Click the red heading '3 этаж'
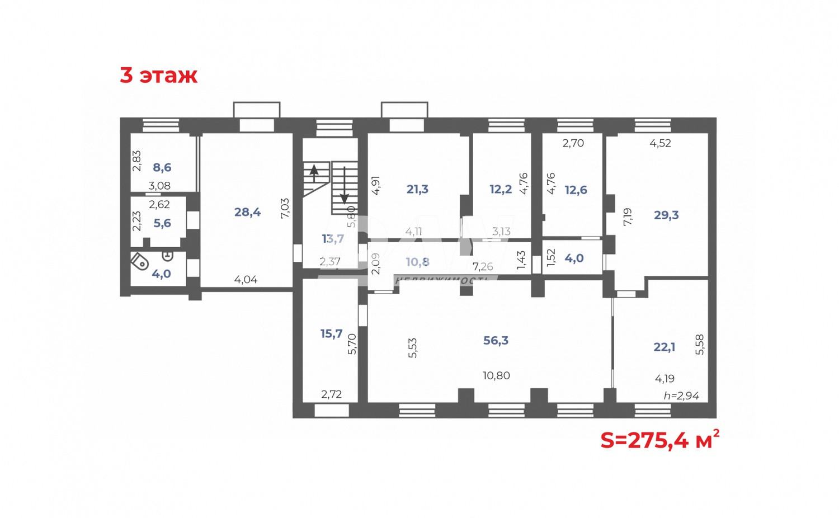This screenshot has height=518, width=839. [158, 75]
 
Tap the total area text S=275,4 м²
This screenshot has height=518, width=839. [659, 440]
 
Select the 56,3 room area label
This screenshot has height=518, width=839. [496, 341]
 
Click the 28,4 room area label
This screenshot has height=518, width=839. [247, 212]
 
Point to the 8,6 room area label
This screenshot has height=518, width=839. [162, 167]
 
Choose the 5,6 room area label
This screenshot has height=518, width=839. [162, 223]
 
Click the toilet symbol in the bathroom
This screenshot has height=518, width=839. [139, 261]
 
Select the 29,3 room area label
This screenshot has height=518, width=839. [666, 215]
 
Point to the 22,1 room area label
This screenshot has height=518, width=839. [664, 347]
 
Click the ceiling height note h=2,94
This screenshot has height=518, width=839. [681, 396]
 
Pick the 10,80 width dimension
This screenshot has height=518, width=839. [496, 376]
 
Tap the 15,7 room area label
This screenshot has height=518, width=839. [331, 334]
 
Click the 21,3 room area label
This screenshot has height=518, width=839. [417, 190]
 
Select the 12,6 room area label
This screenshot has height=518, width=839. [576, 190]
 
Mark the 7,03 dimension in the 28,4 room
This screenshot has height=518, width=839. [285, 208]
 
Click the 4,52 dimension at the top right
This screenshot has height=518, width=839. [660, 143]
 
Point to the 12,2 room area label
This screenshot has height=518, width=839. [501, 190]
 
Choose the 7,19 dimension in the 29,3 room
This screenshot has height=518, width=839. [628, 216]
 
